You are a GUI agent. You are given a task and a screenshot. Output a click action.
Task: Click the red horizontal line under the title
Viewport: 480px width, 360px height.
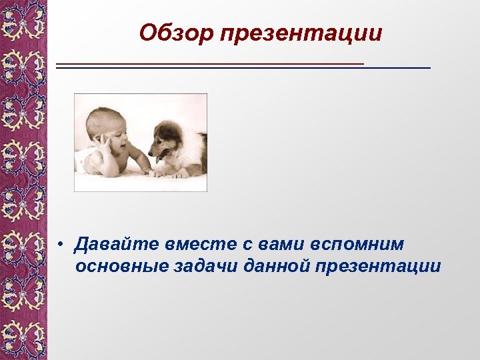[210, 63]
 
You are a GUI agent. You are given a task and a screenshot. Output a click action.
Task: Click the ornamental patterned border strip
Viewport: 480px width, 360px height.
[23, 180]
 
